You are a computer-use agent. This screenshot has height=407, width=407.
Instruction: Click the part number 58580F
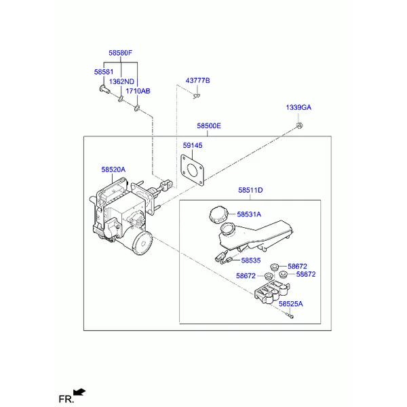tap(121, 52)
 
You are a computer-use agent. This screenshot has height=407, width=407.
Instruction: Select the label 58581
tap(103, 71)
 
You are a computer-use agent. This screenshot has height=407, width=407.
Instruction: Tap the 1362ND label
tap(122, 81)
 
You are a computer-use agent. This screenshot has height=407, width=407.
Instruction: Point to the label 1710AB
tap(138, 91)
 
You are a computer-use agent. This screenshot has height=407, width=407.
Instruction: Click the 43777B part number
tap(198, 81)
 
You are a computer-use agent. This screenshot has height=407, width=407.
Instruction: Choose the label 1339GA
tap(298, 108)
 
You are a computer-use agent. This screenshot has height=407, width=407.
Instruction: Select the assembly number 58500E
tap(209, 125)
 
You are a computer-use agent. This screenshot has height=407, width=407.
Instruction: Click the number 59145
tap(192, 145)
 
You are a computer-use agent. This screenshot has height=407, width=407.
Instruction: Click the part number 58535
tap(251, 260)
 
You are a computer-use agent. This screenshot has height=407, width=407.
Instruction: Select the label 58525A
tap(291, 305)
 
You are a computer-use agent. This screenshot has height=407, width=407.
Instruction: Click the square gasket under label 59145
tap(193, 170)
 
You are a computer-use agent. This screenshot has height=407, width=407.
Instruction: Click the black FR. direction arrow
tap(81, 391)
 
